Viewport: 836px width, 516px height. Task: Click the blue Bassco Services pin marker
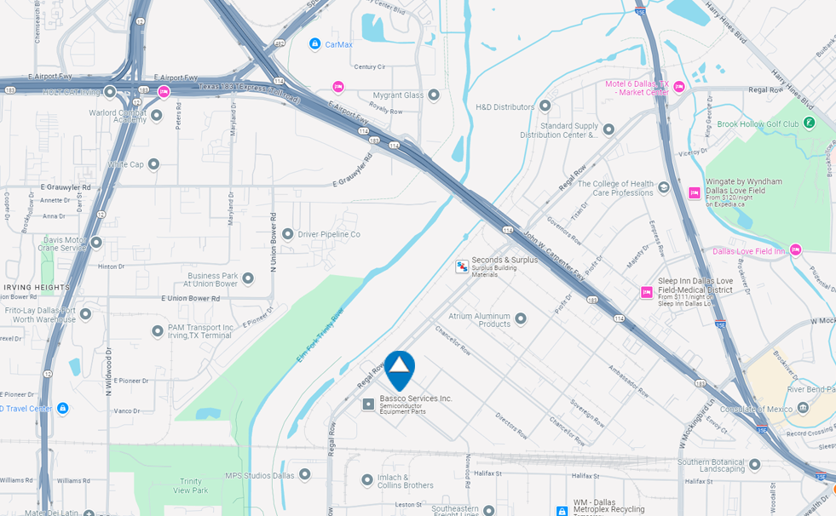[399, 369]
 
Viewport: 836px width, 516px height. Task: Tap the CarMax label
[338, 43]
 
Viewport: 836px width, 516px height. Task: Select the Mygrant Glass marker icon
[434, 95]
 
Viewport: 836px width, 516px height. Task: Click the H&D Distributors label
[504, 106]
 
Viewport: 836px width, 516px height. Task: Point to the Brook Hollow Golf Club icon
[809, 123]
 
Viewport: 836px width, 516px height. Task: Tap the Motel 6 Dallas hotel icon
[679, 87]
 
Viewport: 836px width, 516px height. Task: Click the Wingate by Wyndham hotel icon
[695, 192]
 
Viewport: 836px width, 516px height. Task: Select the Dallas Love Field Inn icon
[795, 250]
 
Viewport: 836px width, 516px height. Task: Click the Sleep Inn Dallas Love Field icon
[647, 292]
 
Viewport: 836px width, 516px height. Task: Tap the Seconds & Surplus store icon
[462, 267]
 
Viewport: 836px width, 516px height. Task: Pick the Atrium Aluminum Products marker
[521, 318]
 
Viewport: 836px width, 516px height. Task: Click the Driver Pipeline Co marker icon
[288, 233]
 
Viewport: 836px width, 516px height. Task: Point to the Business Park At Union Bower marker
[248, 278]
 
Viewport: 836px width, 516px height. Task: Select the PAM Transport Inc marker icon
[158, 330]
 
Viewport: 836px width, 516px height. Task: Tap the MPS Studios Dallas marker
[304, 474]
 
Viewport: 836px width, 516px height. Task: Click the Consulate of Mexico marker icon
[802, 409]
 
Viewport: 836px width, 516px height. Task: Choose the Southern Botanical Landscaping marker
[754, 464]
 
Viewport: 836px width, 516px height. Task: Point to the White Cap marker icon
[153, 164]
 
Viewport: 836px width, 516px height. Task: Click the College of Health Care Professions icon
[664, 188]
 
